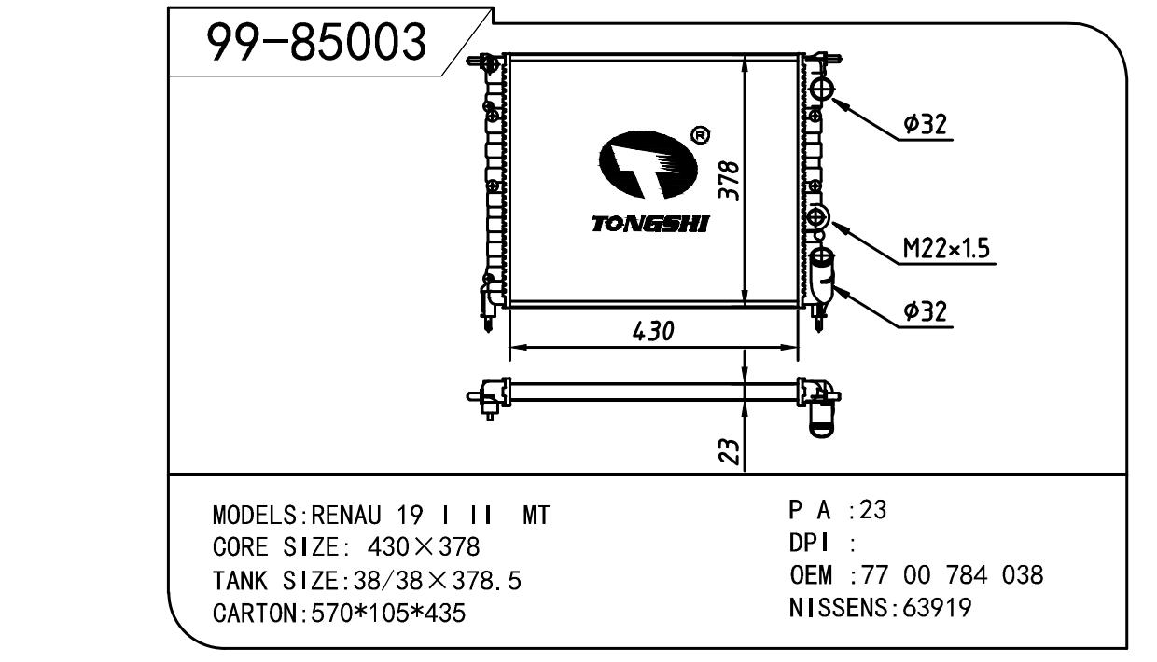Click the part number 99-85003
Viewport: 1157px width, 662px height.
click(316, 42)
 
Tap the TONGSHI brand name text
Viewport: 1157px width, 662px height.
click(650, 224)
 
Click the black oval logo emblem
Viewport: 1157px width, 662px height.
click(648, 165)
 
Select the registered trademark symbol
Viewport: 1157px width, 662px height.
click(701, 135)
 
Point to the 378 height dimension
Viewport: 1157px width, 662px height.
click(730, 181)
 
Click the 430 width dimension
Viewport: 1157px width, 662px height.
click(653, 331)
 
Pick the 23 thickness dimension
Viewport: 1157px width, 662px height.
click(730, 451)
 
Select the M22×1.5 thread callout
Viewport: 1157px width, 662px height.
click(946, 248)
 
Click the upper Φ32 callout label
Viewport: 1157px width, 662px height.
click(925, 124)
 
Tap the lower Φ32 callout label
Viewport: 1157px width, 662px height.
click(925, 311)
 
